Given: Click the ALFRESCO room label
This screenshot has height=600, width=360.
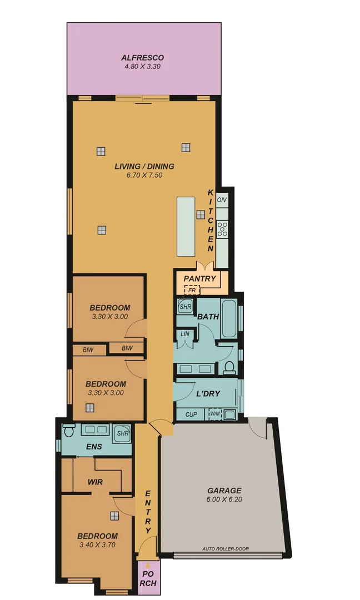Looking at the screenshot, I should click(x=142, y=57).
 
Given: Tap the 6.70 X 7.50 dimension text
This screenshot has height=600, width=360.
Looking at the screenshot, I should click(x=144, y=175).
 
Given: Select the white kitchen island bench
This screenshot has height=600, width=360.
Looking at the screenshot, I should click(x=186, y=226).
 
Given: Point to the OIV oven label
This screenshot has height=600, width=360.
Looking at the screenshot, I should click(x=222, y=199).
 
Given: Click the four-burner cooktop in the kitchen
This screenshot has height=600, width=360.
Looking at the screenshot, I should click(x=222, y=228).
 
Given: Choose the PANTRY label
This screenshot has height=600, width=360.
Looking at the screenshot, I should click(x=199, y=278).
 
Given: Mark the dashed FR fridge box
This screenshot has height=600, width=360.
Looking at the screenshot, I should click(x=192, y=290).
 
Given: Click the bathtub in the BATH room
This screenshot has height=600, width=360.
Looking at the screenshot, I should click(x=229, y=318).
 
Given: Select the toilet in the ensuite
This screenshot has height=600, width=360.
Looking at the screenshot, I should click(x=69, y=431).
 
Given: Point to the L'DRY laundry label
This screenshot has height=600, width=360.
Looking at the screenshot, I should click(x=208, y=393).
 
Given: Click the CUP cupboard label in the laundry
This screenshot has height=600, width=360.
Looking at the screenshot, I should click(x=191, y=414).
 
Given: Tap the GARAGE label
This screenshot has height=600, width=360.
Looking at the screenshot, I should click(x=224, y=491).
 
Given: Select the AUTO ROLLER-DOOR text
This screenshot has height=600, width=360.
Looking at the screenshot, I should click(x=226, y=549).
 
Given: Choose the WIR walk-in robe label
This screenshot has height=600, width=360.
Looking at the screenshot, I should click(x=96, y=482).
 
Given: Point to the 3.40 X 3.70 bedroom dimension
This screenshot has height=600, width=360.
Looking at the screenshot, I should click(x=97, y=545).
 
